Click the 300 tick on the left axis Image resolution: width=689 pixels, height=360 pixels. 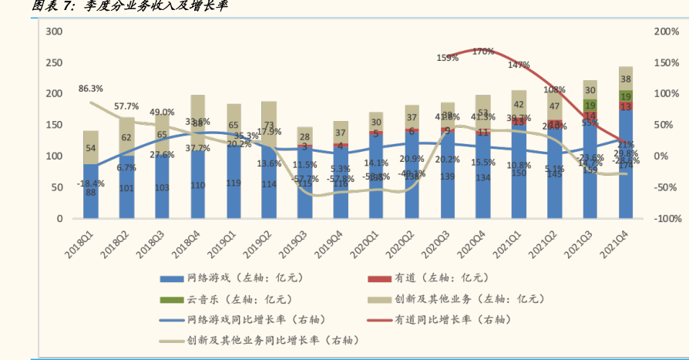point(54,32)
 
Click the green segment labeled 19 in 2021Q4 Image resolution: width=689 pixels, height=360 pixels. point(626,96)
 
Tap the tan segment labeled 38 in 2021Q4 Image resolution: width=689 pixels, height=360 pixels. point(626,79)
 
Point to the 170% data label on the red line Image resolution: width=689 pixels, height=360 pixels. point(483,52)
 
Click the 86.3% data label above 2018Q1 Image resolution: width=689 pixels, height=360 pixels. point(90,89)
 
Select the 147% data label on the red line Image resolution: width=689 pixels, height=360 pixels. point(519,66)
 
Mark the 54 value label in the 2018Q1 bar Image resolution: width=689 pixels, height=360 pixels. point(91,148)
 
